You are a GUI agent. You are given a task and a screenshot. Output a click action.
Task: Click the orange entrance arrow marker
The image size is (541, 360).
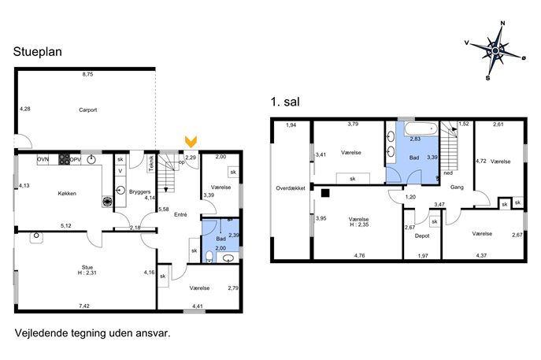tap(191, 142)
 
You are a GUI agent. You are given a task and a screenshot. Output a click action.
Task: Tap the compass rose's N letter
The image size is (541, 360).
tap(502, 24)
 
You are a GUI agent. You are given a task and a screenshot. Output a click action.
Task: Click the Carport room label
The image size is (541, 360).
tap(87, 110)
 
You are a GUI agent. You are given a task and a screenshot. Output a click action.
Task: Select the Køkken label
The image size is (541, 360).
tap(67, 194)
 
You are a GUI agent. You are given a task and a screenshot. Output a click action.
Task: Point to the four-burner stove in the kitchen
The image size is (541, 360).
tap(64, 159)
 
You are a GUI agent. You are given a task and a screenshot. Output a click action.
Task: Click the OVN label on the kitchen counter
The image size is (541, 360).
tap(43, 159)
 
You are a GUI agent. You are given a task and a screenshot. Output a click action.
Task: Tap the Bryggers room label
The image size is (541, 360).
tap(139, 192)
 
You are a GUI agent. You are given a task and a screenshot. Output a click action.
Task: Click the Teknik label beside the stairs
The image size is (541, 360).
tap(151, 163)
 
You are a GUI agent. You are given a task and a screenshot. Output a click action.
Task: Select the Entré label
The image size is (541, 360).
tap(180, 215)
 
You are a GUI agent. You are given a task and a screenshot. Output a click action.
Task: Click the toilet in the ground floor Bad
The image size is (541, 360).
tap(209, 257)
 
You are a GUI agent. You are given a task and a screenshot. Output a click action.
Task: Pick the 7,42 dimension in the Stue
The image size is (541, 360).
tap(84, 306)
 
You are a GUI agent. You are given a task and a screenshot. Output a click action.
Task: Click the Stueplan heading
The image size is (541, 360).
tap(38, 52)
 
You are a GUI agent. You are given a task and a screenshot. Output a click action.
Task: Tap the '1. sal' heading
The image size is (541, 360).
tap(285, 102)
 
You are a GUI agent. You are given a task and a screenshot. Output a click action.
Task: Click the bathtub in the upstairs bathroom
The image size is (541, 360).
tap(421, 129)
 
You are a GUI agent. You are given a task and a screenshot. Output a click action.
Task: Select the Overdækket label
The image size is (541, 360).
tap(291, 188)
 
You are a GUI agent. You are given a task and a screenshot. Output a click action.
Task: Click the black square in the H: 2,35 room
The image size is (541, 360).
tap(325, 193)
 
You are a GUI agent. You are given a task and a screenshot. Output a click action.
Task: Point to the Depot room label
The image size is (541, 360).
tap(422, 236)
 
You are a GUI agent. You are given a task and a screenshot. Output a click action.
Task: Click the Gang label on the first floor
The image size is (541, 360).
tap(457, 187)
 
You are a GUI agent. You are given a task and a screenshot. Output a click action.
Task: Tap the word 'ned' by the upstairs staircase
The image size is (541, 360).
tap(448, 173)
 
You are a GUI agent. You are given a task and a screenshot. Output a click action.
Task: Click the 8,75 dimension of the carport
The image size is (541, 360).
tap(87, 74)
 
